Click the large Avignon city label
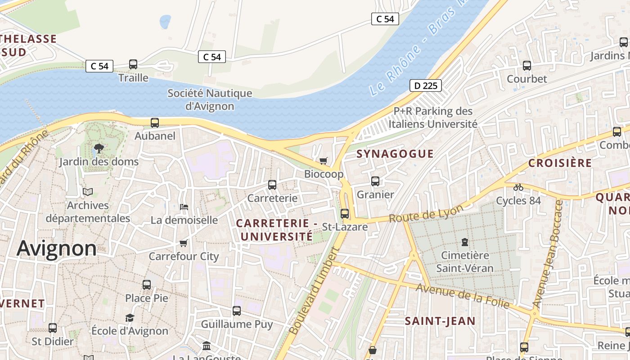click(x=57, y=248)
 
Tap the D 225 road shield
click(x=425, y=85)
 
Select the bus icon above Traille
click(x=133, y=64)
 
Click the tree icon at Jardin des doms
click(x=99, y=148)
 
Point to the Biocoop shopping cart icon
click(x=323, y=161)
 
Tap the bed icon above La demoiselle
click(x=184, y=207)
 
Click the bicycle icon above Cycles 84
click(x=518, y=187)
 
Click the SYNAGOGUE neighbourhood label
click(x=395, y=154)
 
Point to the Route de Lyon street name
click(x=426, y=214)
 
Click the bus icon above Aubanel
click(x=155, y=122)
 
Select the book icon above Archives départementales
click(x=88, y=192)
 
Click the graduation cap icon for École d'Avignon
click(x=130, y=318)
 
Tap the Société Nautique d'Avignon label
click(x=210, y=100)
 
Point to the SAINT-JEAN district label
click(x=440, y=321)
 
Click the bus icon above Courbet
click(x=527, y=66)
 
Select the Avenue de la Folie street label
click(x=463, y=296)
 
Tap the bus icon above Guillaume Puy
click(x=237, y=310)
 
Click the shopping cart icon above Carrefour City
click(x=183, y=243)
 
